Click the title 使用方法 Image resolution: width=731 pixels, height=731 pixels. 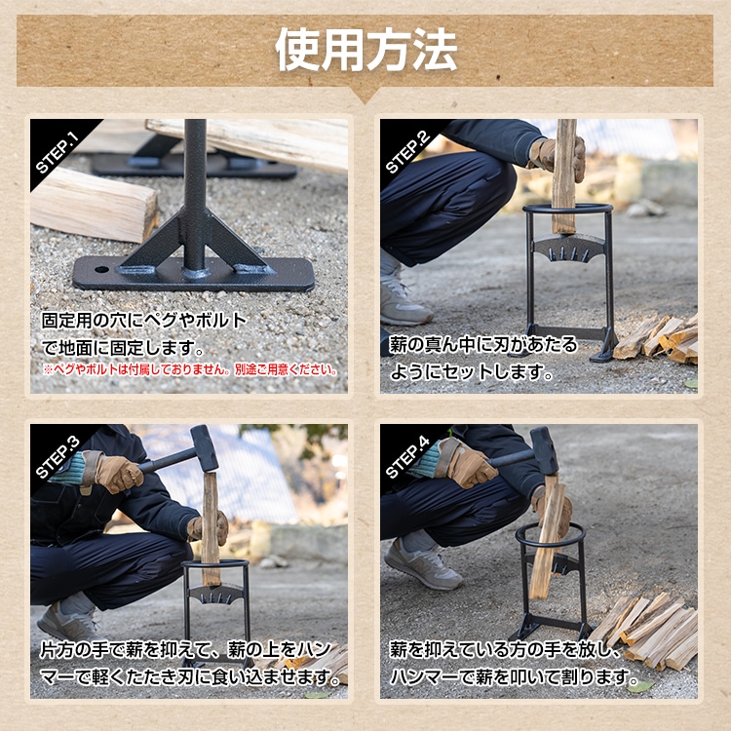(x=365, y=49)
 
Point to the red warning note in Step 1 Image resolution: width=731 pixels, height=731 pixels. (x=190, y=370)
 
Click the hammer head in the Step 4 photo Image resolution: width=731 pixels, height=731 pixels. (x=543, y=450)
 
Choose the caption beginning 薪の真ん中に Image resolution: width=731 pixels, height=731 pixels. (x=484, y=358)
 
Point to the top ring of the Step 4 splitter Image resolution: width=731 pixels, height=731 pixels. (x=551, y=535)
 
